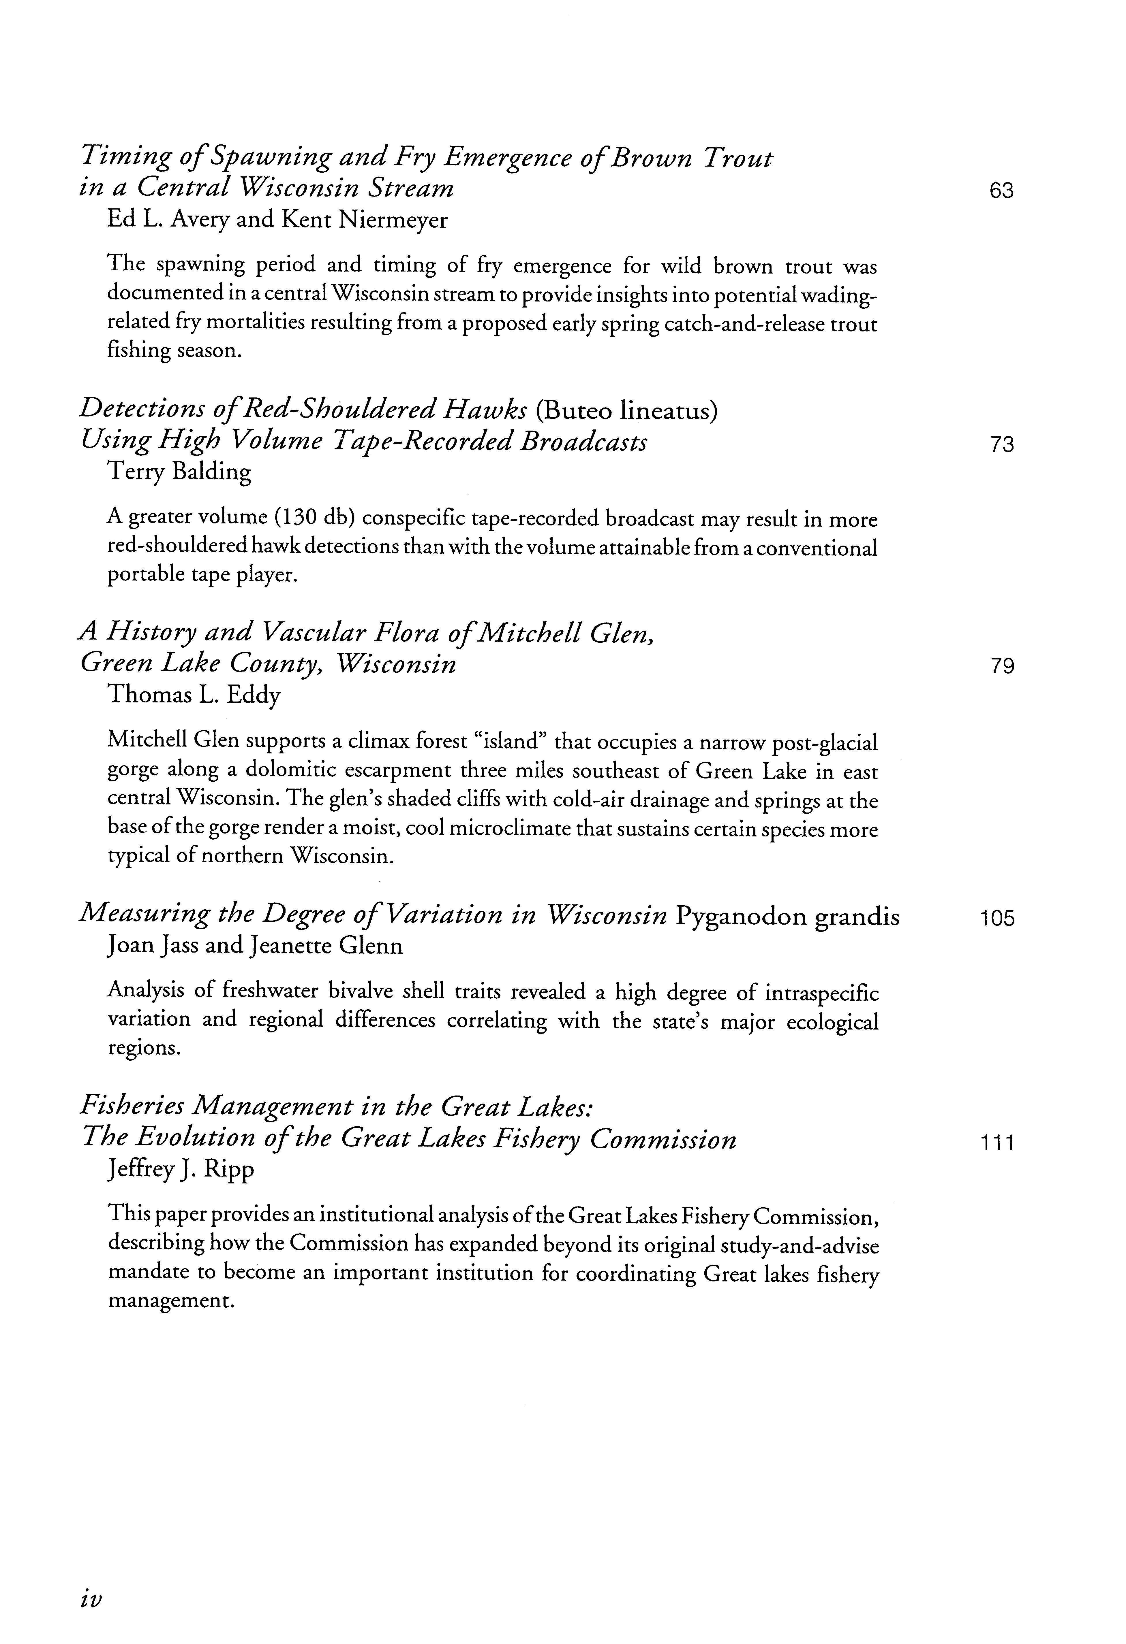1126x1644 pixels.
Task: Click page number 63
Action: tap(1001, 191)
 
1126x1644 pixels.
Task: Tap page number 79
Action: tap(1002, 666)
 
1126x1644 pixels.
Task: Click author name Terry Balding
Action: tap(179, 472)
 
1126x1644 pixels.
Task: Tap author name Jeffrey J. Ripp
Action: tap(181, 1169)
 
